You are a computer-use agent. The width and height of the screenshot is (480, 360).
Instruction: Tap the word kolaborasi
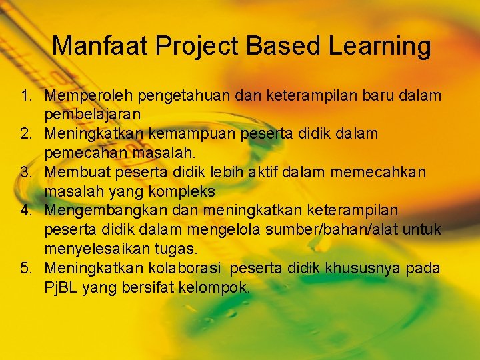point(179,269)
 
